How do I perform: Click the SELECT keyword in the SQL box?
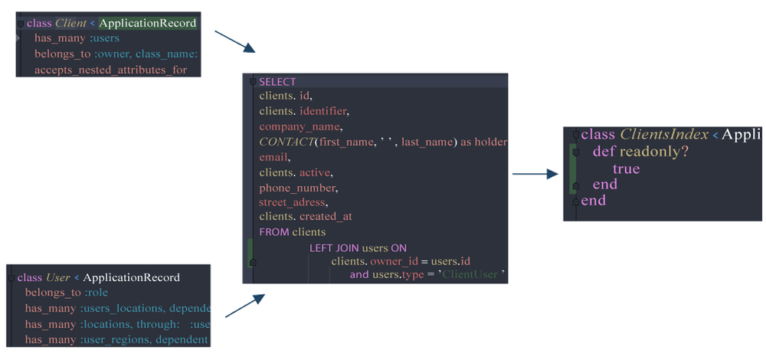click(x=277, y=81)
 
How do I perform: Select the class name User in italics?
click(x=58, y=277)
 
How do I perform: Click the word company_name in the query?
click(x=300, y=127)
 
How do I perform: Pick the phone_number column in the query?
click(x=298, y=188)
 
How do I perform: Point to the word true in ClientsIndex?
click(x=626, y=169)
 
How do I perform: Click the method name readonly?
click(x=654, y=152)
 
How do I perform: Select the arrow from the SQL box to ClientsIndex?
click(x=535, y=174)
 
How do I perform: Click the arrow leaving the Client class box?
click(x=235, y=41)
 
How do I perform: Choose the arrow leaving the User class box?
click(x=245, y=306)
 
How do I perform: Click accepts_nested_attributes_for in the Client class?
click(x=111, y=70)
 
